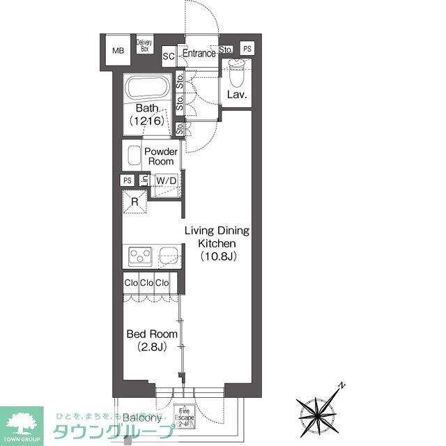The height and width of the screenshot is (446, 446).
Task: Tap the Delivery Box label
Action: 144,46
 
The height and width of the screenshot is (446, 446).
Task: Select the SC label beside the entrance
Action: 168,56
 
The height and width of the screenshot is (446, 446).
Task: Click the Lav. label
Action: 237,95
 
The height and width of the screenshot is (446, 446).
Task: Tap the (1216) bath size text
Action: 146,121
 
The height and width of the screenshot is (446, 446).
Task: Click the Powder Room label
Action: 160,157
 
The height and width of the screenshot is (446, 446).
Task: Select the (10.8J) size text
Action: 218,256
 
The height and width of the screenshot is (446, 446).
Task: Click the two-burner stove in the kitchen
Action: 140,256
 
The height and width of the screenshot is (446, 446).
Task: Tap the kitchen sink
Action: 169,256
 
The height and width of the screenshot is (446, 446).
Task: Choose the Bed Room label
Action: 151,334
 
